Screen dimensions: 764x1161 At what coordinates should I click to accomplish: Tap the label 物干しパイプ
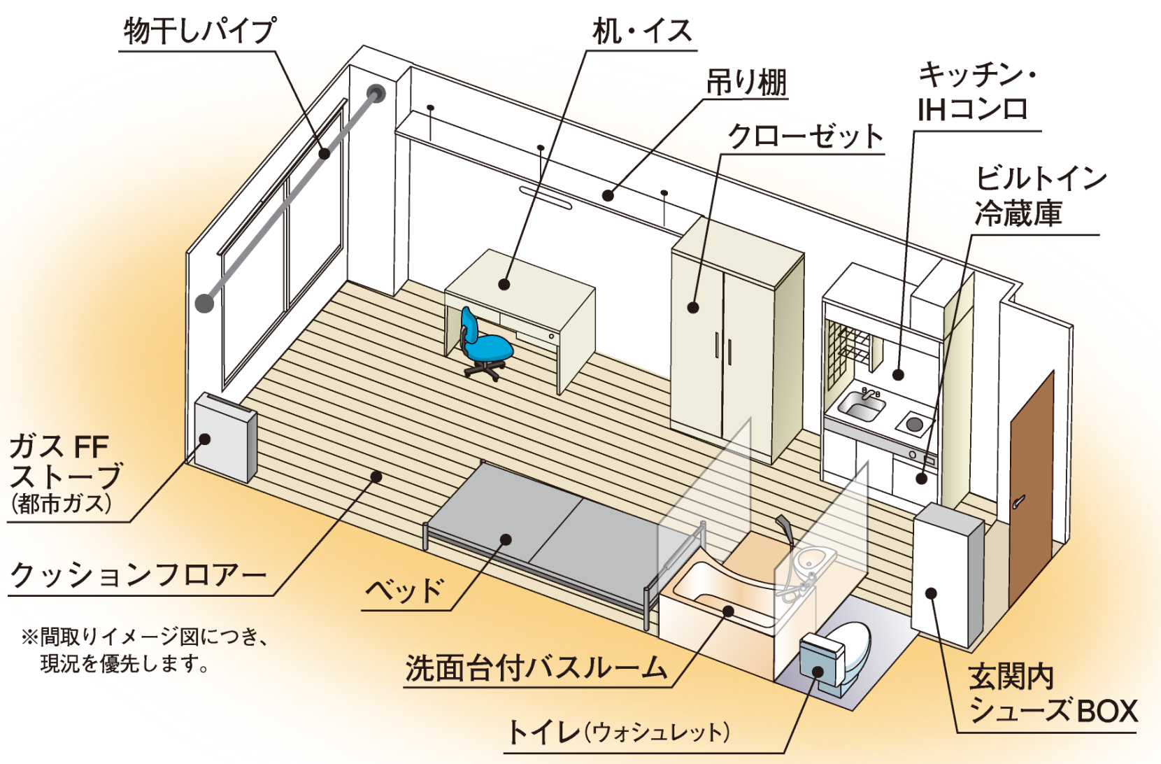click(199, 31)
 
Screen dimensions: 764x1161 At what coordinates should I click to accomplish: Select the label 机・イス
click(641, 32)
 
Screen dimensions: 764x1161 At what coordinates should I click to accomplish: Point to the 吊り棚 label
click(746, 83)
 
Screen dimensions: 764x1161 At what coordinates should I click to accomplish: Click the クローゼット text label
click(805, 136)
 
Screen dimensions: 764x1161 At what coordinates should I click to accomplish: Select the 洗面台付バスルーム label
click(536, 668)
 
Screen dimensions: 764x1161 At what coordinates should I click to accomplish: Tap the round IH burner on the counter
click(913, 423)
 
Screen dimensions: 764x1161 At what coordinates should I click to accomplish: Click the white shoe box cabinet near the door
click(948, 574)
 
